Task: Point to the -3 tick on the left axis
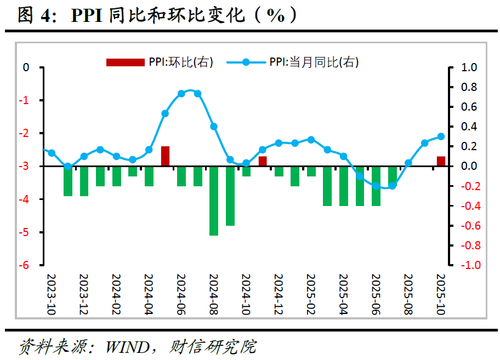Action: click(25, 167)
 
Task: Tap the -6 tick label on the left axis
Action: click(25, 265)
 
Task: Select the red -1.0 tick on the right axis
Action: click(469, 265)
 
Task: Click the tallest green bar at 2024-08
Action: click(214, 201)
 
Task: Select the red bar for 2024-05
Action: click(165, 156)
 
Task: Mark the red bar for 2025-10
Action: click(441, 161)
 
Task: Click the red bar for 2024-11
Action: click(263, 161)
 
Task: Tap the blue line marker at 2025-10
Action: click(441, 136)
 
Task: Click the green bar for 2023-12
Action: click(84, 181)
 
